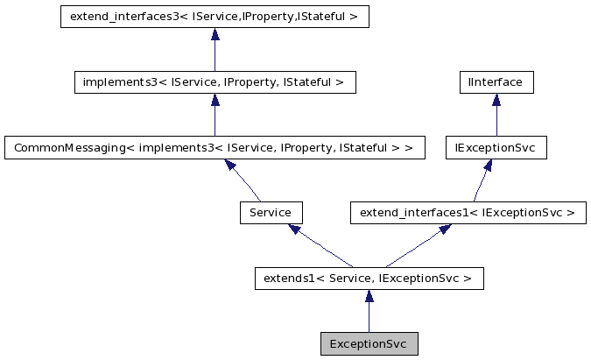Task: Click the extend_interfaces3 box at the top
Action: pos(215,17)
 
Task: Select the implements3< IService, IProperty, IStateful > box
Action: pos(215,82)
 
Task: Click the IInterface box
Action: pos(496,82)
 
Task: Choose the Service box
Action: pos(271,213)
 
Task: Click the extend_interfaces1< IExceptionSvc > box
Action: pos(468,213)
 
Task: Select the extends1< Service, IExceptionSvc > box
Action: pos(368,279)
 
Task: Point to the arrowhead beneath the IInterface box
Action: pos(496,101)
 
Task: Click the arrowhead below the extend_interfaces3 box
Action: pos(215,35)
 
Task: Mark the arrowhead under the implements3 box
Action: pos(215,101)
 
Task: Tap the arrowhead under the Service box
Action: pos(296,229)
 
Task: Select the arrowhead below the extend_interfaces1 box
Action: pos(445,229)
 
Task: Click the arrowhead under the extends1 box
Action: pos(368,297)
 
